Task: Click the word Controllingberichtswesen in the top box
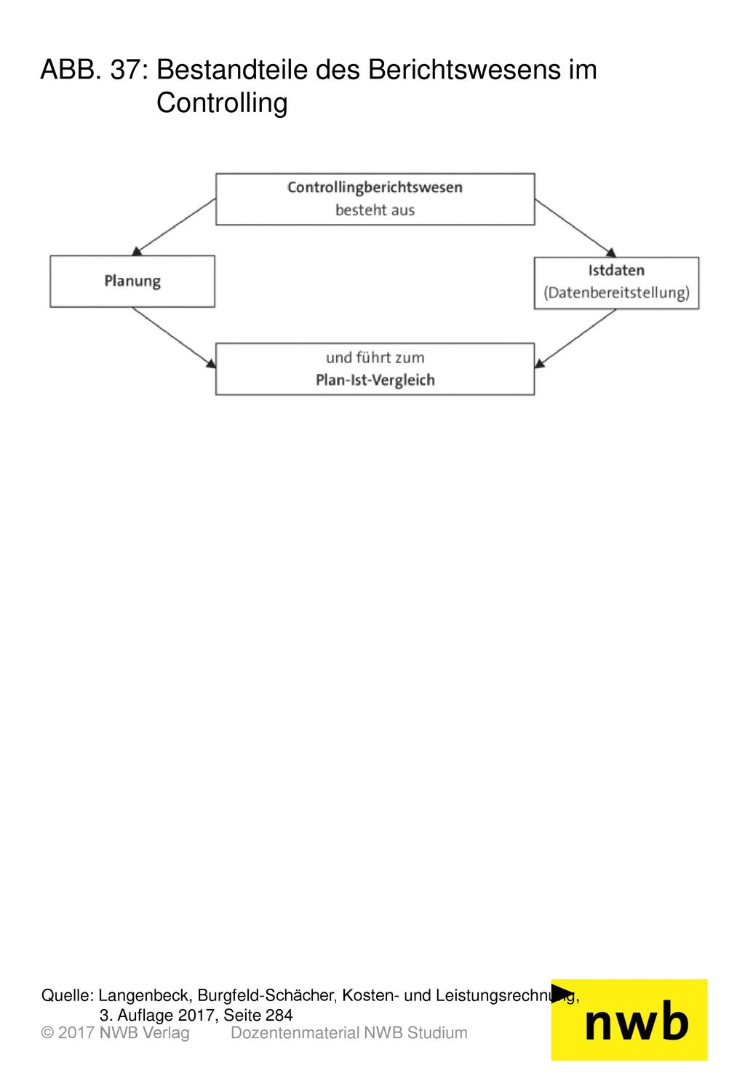[x=375, y=188]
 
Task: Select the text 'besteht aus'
[x=375, y=210]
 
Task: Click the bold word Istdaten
[x=616, y=271]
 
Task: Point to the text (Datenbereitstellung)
[x=616, y=292]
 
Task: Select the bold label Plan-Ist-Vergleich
[x=375, y=380]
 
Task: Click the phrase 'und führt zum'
[x=375, y=358]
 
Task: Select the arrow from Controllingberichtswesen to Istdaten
[x=575, y=228]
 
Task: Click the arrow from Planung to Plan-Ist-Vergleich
[x=174, y=338]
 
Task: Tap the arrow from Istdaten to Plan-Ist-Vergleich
[x=575, y=338]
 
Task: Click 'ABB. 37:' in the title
[x=94, y=69]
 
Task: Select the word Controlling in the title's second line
[x=222, y=103]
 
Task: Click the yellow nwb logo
[x=629, y=1020]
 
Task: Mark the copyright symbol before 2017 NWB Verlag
[x=47, y=1033]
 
